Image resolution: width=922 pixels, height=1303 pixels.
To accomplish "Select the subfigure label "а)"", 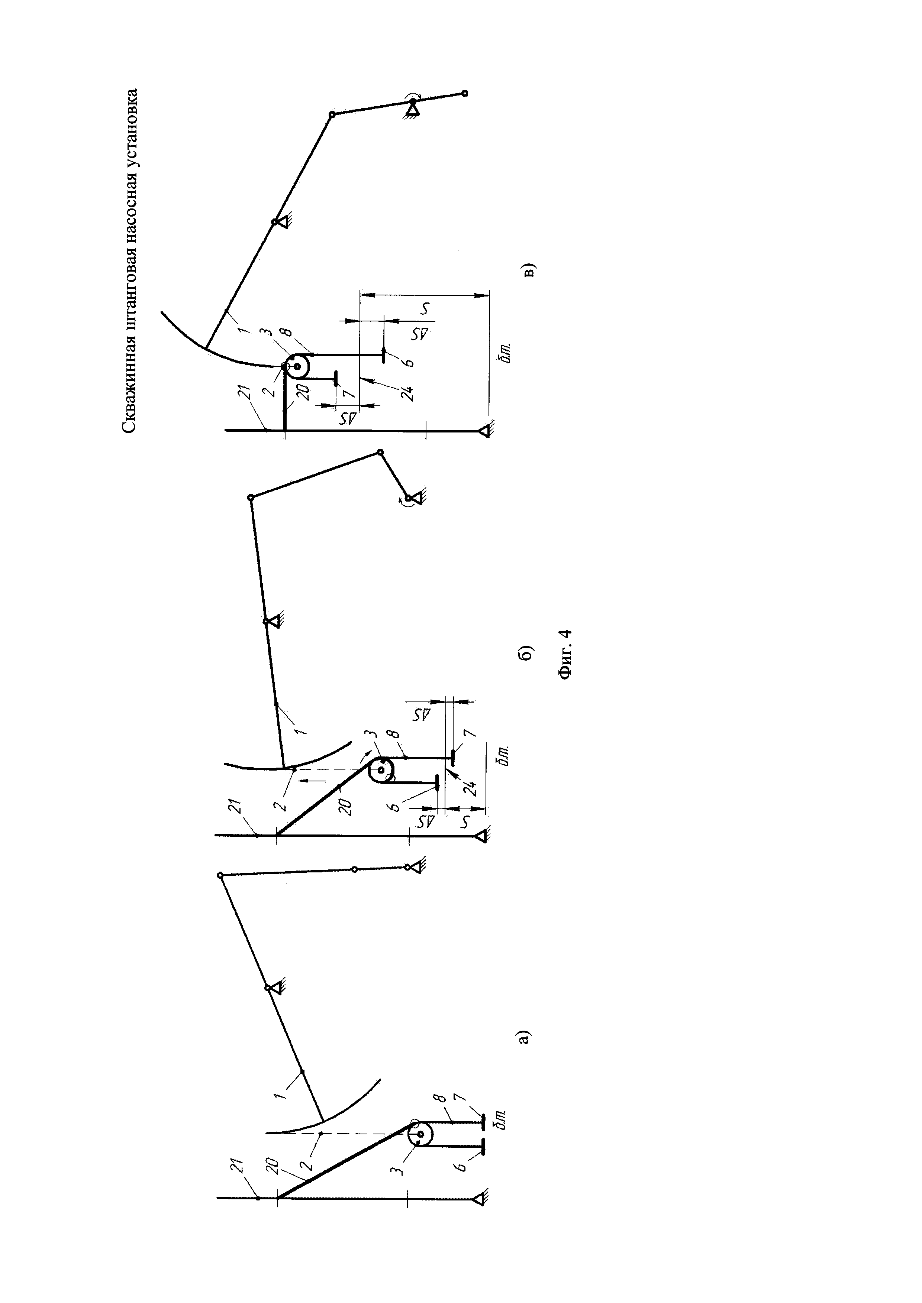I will pos(525,1036).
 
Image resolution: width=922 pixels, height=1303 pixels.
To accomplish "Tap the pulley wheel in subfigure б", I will pos(381,770).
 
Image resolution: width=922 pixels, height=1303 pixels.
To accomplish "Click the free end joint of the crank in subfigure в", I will pos(464,93).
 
